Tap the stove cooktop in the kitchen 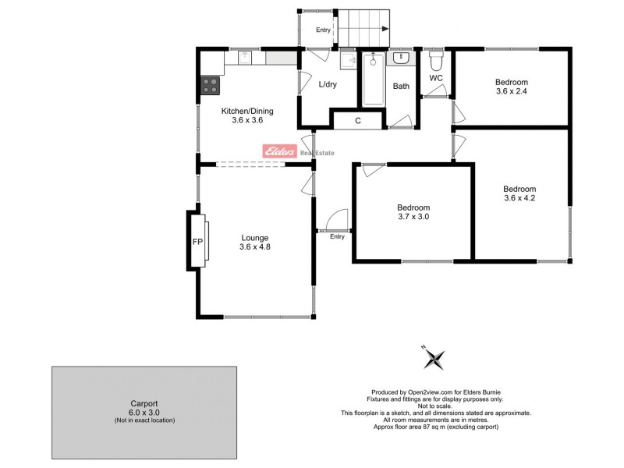point(210,85)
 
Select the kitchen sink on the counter point(245,57)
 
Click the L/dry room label point(327,85)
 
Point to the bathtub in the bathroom point(372,79)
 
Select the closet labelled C point(358,120)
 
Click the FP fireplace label point(197,242)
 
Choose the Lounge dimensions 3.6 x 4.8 point(255,247)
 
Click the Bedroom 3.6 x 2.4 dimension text point(512,91)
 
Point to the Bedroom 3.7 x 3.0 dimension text point(413,217)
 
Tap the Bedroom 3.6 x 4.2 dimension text point(519,198)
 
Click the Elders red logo point(279,152)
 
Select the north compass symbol point(433,358)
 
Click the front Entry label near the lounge point(337,236)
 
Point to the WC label point(436,78)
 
